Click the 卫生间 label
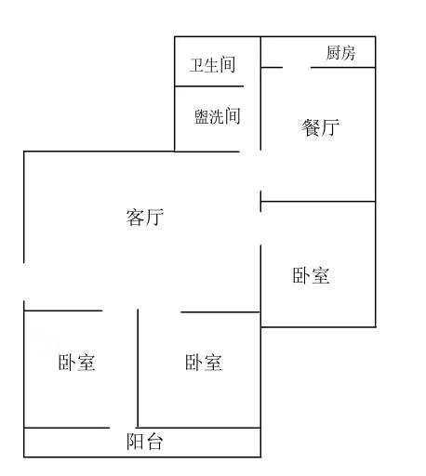pos(212,65)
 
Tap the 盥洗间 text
pos(218,116)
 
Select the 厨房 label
pos(340,53)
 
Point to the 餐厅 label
pos(320,127)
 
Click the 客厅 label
pos(145,218)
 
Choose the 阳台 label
pos(145,441)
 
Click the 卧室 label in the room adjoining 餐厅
pos(311,275)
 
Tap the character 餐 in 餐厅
pos(311,127)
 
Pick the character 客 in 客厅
pos(135,218)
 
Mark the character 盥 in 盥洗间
pos(202,116)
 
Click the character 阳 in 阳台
pos(135,441)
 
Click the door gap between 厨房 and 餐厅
pos(297,67)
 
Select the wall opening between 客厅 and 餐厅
pos(260,170)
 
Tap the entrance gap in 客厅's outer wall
pos(24,282)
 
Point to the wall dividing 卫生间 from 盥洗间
pos(209,86)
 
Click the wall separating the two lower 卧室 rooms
pos(138,368)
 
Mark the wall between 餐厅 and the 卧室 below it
pos(318,202)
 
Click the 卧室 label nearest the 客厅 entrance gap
pos(76,362)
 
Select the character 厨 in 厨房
pos(333,53)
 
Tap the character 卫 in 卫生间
pos(197,65)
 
